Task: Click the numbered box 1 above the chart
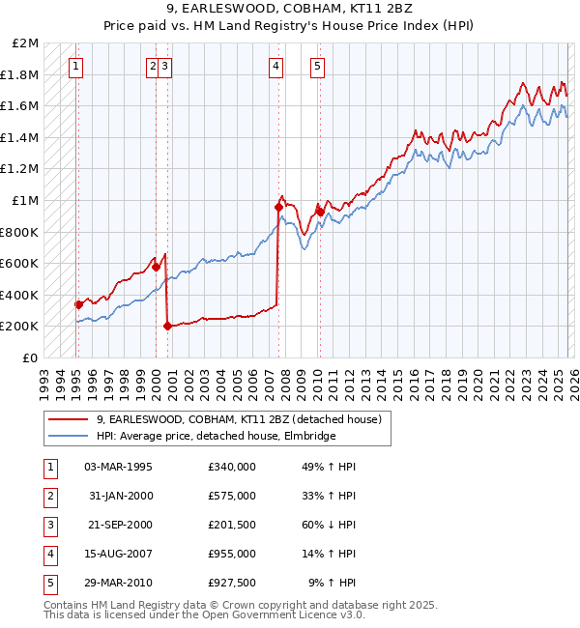(75, 67)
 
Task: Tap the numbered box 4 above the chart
(276, 67)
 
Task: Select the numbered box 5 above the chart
(317, 67)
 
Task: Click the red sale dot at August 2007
(278, 207)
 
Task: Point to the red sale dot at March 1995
(78, 304)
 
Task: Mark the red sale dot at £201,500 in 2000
(167, 326)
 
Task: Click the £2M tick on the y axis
(25, 43)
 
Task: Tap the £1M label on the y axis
(25, 201)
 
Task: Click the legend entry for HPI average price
(216, 436)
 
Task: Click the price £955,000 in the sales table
(231, 554)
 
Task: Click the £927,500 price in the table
(231, 583)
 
